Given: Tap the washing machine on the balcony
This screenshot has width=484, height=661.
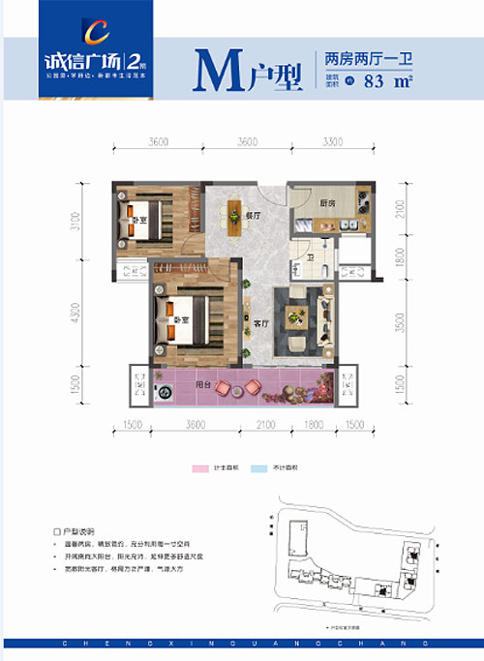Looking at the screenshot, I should click(163, 394).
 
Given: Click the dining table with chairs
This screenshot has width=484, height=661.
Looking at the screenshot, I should click(233, 214).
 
